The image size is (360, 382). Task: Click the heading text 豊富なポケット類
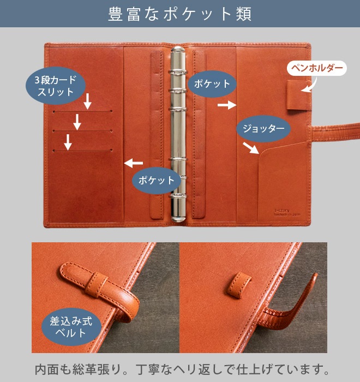click(x=180, y=14)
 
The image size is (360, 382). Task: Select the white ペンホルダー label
click(x=316, y=68)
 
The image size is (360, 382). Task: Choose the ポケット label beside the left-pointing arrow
click(x=156, y=180)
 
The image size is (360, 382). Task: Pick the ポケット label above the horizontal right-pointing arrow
click(x=213, y=84)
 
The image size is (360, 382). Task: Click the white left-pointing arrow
click(x=133, y=163)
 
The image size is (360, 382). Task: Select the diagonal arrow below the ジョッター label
click(x=251, y=148)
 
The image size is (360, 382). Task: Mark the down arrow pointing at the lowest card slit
click(x=68, y=142)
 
